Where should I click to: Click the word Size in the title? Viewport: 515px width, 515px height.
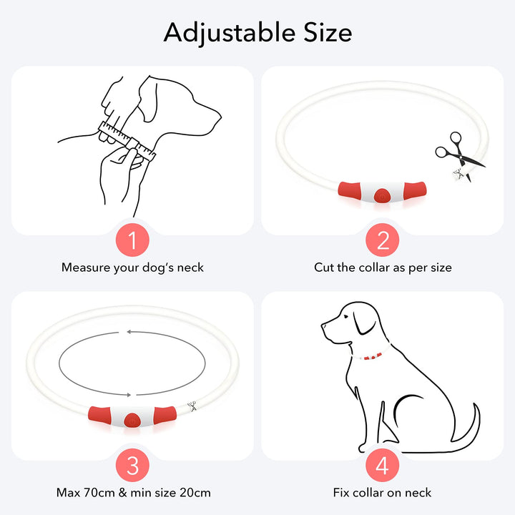328,32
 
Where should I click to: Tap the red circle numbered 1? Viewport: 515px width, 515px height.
132,240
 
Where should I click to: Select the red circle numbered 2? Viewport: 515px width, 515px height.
382,240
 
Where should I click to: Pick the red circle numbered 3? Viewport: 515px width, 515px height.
132,465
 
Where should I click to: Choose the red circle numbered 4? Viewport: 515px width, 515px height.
382,465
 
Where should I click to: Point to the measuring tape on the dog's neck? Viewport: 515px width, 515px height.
127,140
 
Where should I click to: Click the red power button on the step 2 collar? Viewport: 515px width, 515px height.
382,195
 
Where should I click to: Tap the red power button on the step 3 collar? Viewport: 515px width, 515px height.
132,421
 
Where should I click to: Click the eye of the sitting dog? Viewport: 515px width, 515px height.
345,316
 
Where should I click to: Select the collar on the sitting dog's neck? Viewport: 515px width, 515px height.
371,354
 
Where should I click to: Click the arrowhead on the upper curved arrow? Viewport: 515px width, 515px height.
129,332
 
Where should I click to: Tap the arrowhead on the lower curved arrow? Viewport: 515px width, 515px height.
129,395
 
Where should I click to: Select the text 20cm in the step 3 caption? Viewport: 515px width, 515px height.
195,493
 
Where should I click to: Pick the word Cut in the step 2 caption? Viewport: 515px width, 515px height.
323,268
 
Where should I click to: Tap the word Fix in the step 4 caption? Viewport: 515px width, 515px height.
341,493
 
